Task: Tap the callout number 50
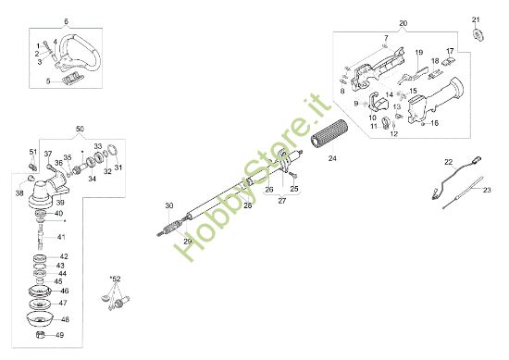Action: tap(80, 127)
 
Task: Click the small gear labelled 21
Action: tap(478, 35)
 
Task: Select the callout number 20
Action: tap(403, 21)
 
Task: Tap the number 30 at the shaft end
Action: tap(168, 205)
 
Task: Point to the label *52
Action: tap(116, 277)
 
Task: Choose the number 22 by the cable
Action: tap(448, 162)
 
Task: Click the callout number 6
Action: tap(66, 20)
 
